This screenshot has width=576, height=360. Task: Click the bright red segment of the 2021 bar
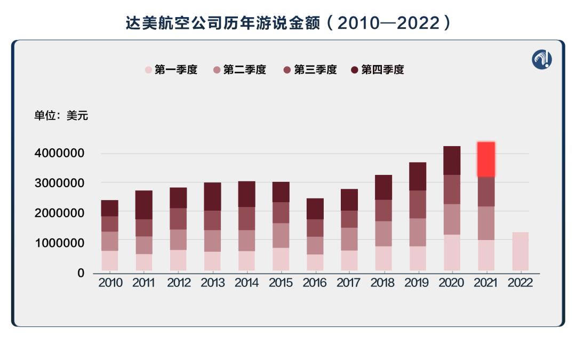click(x=486, y=159)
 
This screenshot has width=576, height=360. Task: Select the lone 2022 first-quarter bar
click(x=520, y=251)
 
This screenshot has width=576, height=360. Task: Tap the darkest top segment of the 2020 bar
click(x=452, y=160)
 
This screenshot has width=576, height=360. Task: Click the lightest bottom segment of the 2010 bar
click(x=110, y=261)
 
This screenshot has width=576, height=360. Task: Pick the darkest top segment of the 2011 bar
click(x=144, y=205)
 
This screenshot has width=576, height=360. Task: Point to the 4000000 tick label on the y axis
click(x=59, y=154)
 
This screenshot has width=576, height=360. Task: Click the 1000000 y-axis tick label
click(x=59, y=243)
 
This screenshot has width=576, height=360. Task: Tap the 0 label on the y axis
click(x=81, y=273)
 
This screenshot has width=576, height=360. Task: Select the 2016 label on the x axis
click(x=315, y=283)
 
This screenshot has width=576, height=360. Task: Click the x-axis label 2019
click(x=417, y=283)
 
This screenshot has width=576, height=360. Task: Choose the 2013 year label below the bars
click(x=212, y=283)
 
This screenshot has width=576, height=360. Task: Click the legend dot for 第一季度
click(x=148, y=70)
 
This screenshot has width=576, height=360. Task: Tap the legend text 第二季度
click(x=244, y=70)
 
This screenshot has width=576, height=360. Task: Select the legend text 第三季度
click(x=315, y=70)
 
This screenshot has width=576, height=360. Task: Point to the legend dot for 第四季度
click(x=355, y=70)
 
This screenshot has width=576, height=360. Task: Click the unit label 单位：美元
click(x=61, y=116)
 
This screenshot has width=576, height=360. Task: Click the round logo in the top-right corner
click(x=542, y=59)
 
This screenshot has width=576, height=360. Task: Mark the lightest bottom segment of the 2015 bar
click(x=281, y=259)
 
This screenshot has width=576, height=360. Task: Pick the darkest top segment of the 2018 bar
click(x=383, y=187)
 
